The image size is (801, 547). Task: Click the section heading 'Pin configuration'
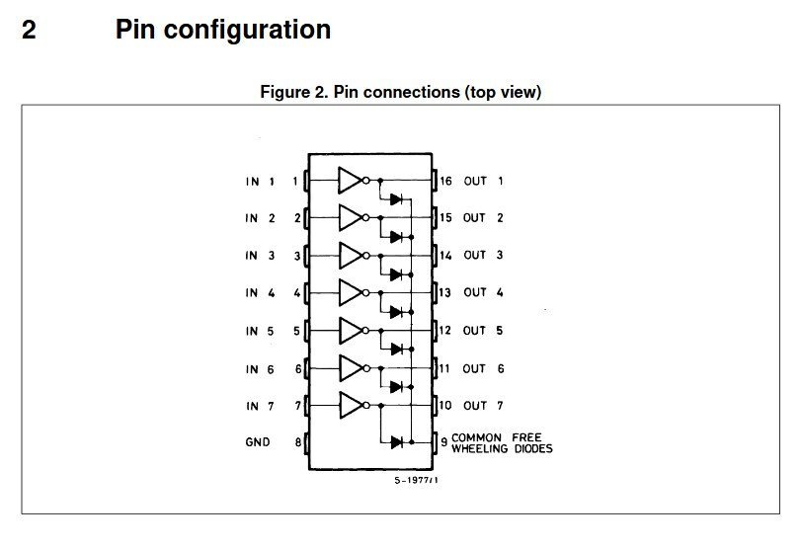click(222, 30)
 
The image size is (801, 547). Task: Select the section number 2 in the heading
click(29, 30)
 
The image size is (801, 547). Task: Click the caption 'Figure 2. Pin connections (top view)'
click(400, 92)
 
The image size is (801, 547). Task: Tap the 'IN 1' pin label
click(260, 182)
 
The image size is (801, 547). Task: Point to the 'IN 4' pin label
click(260, 293)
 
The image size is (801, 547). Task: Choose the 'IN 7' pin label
click(260, 406)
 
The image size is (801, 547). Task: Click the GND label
click(258, 442)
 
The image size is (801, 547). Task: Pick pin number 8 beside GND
click(296, 442)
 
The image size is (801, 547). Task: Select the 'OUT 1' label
click(483, 181)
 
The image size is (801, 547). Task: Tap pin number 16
click(446, 181)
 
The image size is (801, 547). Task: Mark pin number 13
click(445, 292)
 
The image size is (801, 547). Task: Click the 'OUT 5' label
click(483, 331)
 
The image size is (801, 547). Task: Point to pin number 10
click(445, 405)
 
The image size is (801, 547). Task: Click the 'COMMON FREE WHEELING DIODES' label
click(502, 442)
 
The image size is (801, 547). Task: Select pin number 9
click(443, 441)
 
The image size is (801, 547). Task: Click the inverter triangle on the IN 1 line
click(350, 181)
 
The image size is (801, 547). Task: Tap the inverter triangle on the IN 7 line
click(350, 405)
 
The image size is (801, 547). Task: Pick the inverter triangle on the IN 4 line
click(350, 292)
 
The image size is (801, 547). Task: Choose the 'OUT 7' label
click(483, 405)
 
